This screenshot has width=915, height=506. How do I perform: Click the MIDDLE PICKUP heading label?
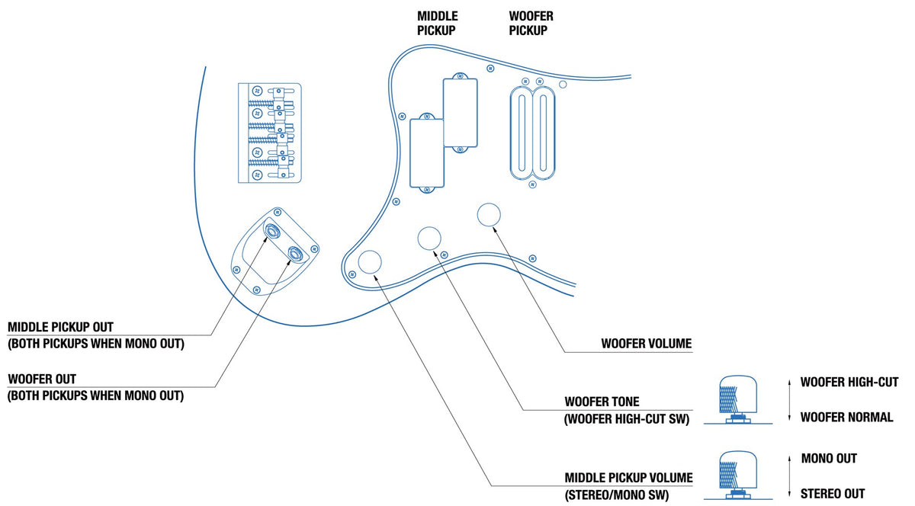436,23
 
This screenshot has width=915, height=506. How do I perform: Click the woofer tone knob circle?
429,238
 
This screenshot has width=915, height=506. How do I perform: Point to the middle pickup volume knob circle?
371,262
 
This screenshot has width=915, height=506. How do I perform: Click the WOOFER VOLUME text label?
646,344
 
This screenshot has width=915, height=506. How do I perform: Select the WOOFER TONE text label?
602,401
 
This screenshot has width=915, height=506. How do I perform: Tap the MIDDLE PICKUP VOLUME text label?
628,478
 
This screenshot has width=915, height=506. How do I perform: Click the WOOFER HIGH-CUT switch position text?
849,382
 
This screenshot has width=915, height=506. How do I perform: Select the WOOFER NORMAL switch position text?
846,417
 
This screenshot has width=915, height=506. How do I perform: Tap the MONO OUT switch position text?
829,458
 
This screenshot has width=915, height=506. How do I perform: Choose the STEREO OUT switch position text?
833,493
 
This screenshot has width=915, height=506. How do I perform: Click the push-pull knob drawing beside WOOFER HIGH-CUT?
736,399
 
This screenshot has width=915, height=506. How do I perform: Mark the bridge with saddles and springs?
270,133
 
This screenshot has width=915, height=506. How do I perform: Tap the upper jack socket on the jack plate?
271,229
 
